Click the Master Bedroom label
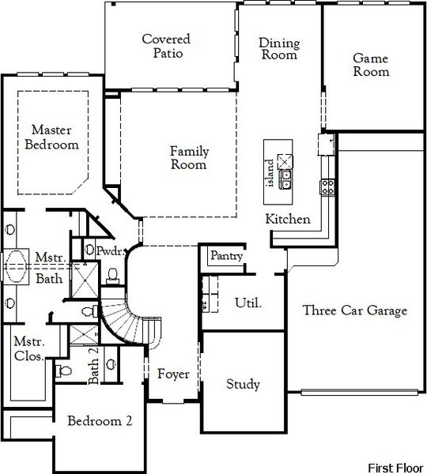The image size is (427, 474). pos(54,137)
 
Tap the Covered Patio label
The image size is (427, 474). pos(166,46)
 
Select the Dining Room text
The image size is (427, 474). pos(278,48)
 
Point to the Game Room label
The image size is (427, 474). pos(371,64)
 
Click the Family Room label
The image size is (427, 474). pos(189,157)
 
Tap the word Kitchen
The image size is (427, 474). pos(288,219)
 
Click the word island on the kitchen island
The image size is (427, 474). pos(270,173)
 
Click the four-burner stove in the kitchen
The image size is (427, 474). pos(327,186)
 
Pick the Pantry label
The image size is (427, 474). pos(225,256)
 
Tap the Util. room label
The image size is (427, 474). pos(248,302)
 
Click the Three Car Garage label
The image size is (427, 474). pos(355,310)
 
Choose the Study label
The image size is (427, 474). pos(243,384)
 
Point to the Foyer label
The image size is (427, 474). pos(173,374)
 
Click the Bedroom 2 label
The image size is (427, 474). pos(100,420)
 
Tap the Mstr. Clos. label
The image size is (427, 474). pos(28,349)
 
